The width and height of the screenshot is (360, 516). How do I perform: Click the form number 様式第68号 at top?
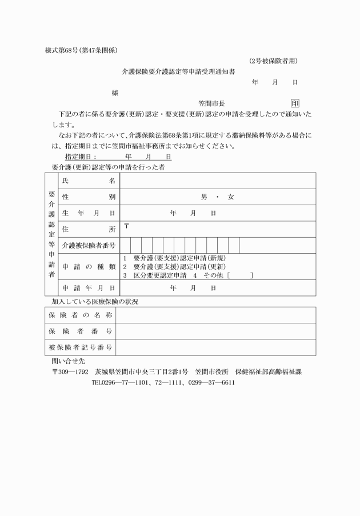coord(63,50)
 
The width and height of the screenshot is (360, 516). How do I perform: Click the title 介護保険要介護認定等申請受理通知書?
coord(178,72)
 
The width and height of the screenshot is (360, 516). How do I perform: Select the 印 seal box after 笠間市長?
coord(295,103)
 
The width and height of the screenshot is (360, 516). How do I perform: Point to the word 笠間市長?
coord(211,103)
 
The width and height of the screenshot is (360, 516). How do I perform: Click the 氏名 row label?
coord(88,181)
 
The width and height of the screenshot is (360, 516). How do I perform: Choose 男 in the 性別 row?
coord(204,197)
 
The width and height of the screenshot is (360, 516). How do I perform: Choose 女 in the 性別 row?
coord(231,197)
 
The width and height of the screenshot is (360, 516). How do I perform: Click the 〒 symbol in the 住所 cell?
coord(126,226)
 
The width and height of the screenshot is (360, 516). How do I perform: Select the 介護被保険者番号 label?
coord(88,246)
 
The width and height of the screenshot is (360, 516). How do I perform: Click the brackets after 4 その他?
coord(239,275)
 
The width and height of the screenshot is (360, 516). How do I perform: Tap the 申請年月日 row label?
coord(88,288)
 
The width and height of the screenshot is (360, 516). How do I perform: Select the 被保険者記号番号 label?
coord(80,347)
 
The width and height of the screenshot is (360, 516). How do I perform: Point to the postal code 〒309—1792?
coord(70,371)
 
